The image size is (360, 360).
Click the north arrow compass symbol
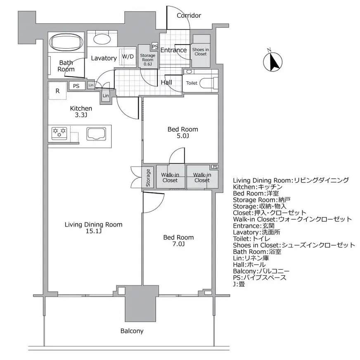coord(272,62)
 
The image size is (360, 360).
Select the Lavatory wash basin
coord(101,40)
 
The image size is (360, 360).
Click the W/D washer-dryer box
coord(128,57)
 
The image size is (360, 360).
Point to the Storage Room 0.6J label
coord(147,59)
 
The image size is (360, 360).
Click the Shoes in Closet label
coord(201,51)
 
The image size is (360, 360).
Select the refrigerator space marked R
coord(57,91)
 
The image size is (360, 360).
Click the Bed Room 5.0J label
coord(182,133)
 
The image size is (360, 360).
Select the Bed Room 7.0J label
coord(178,241)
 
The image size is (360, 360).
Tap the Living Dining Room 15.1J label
coord(93,228)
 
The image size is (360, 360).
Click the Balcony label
coord(132,331)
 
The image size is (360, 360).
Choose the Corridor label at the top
coord(189,16)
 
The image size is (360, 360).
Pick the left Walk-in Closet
coord(170,178)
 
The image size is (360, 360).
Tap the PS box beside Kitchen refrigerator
coord(76,86)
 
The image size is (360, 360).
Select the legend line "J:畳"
coord(239,284)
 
